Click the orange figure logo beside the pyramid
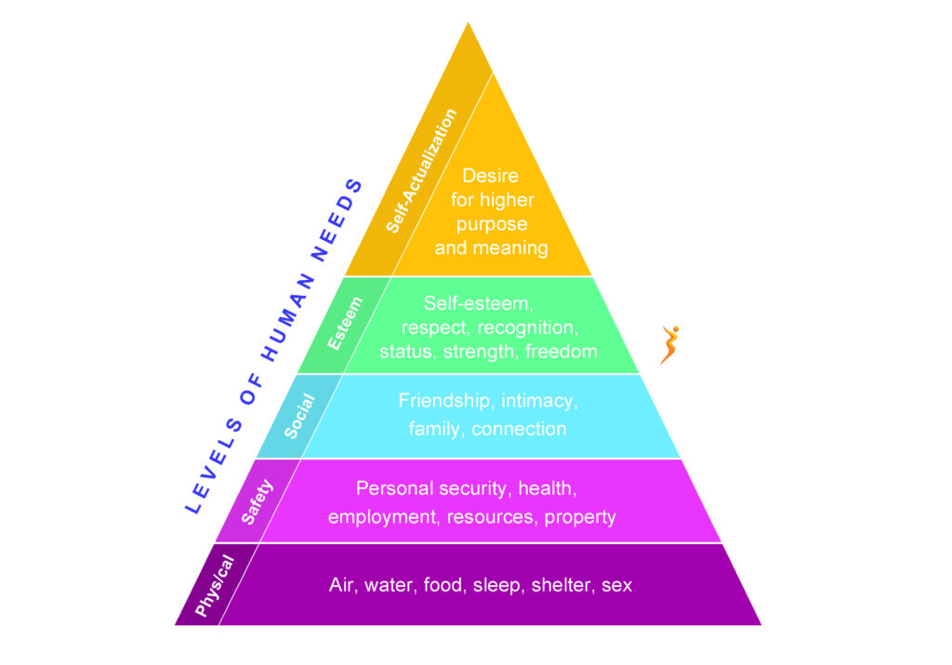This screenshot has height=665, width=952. (669, 345)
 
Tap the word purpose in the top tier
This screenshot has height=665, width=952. (492, 224)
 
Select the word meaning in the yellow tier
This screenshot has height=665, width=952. (516, 248)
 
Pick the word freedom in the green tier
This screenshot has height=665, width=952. (561, 352)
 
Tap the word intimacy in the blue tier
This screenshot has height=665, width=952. (540, 401)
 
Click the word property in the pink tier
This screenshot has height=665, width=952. (580, 517)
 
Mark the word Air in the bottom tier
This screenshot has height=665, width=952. (342, 586)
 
